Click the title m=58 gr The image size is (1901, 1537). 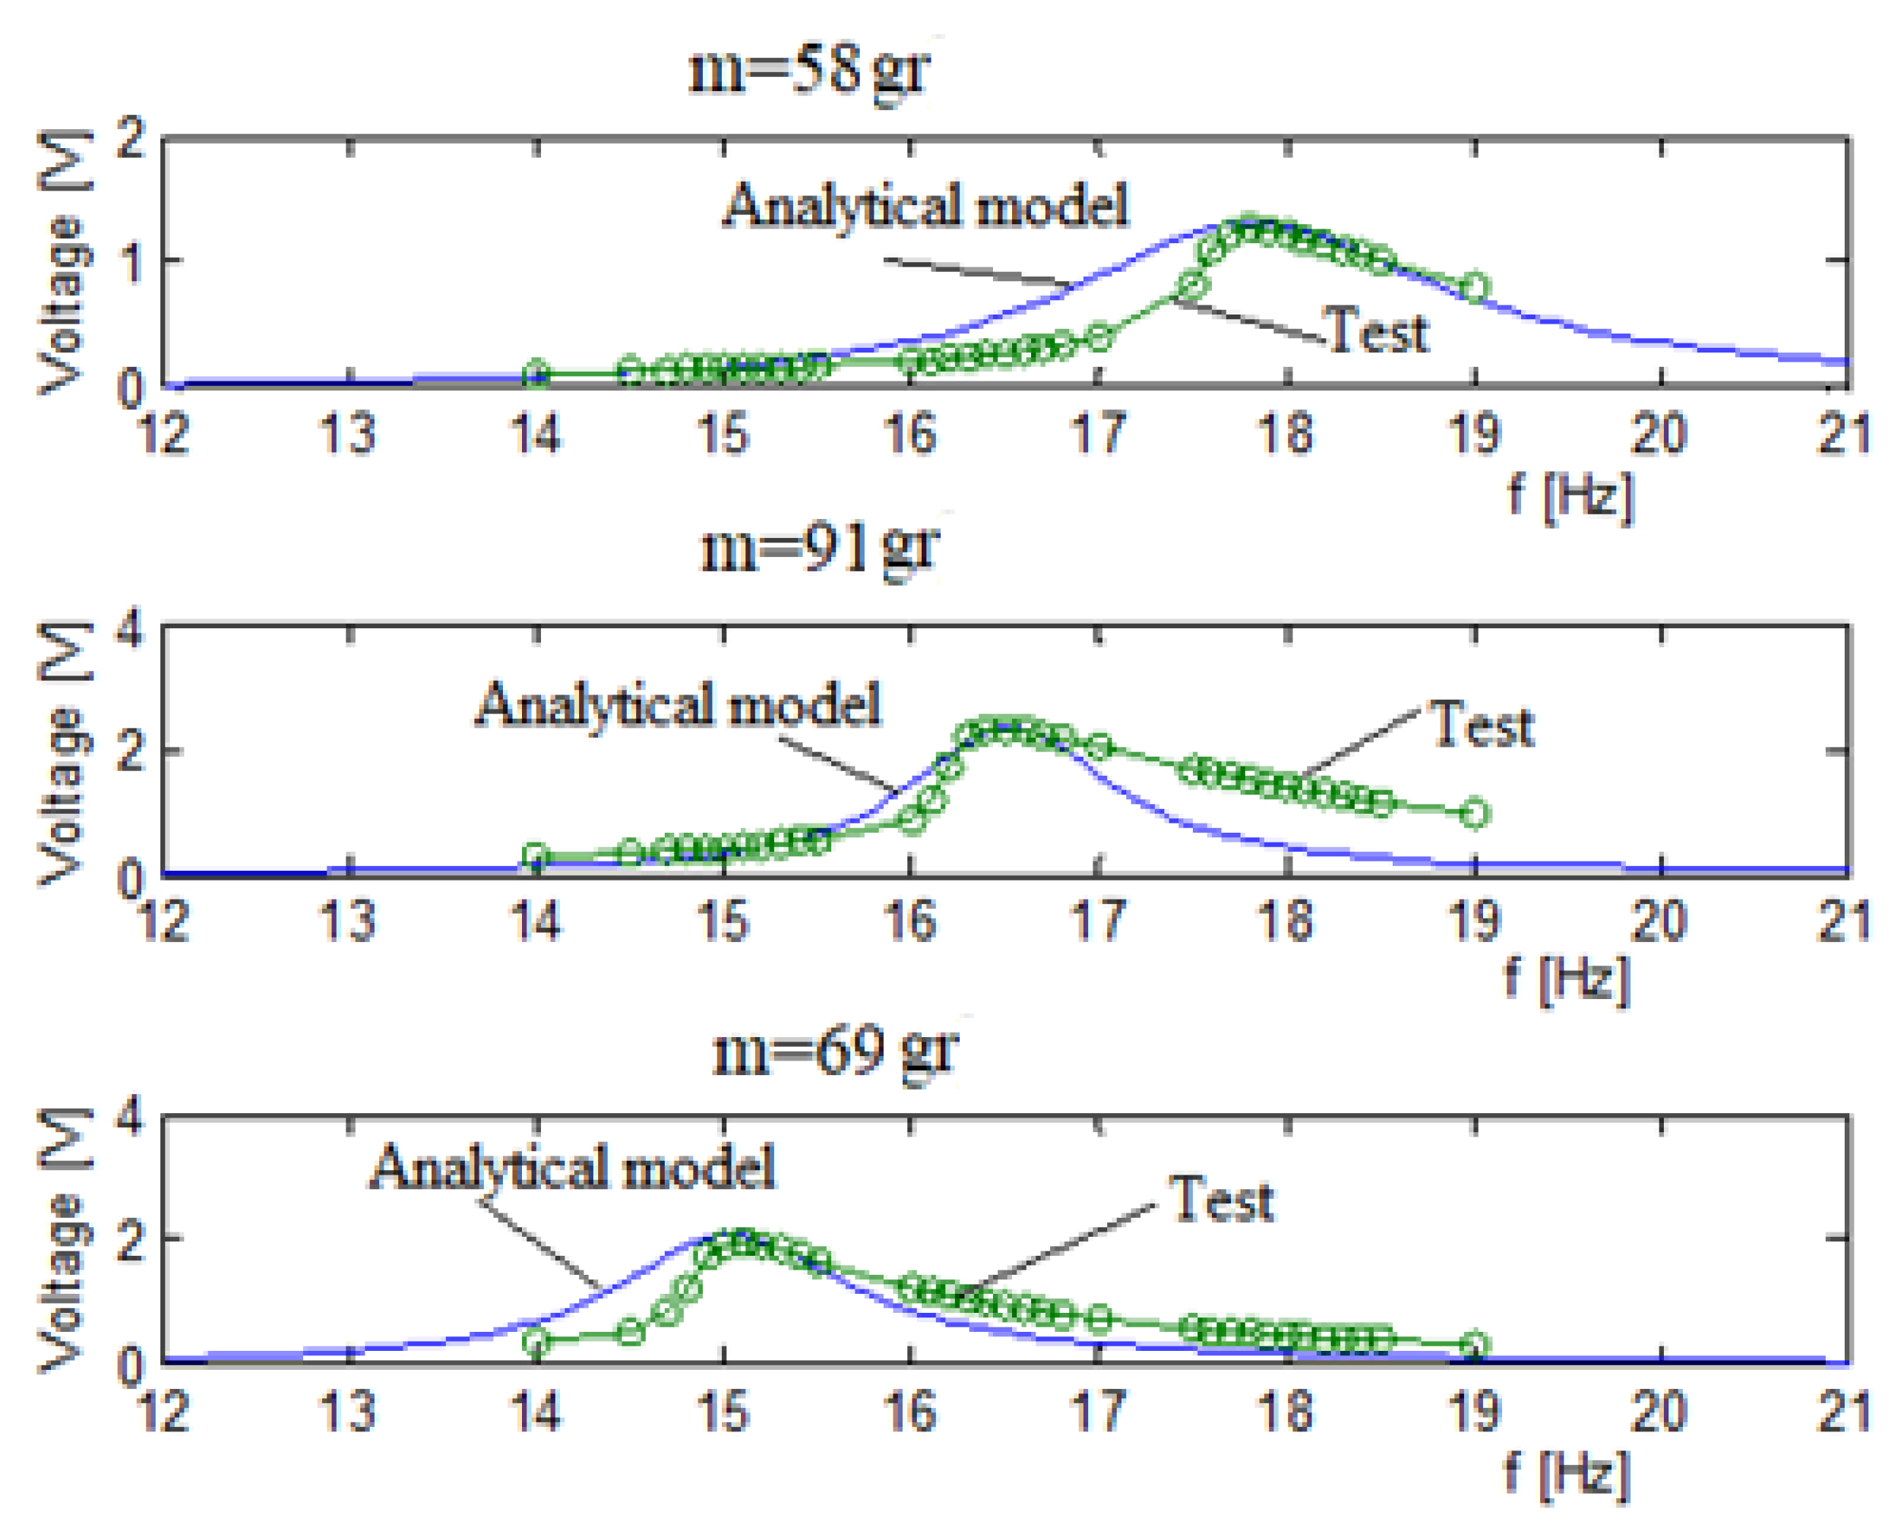coord(809,71)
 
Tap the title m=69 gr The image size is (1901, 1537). coord(834,1051)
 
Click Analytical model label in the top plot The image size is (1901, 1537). coord(926,205)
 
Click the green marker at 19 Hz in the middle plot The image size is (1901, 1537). coord(1474,814)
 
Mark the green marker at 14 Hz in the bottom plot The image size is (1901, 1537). coord(536,1343)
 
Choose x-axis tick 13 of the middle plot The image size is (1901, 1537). coord(348,922)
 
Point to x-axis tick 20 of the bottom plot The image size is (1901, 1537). coord(1660,1412)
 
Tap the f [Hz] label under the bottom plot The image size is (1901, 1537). coord(1568,1474)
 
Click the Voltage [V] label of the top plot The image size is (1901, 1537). coord(65,261)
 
